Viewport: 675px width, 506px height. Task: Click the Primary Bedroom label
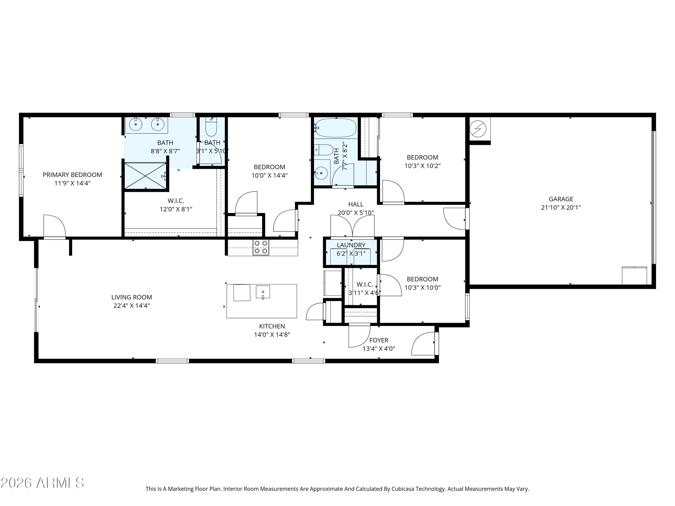click(72, 175)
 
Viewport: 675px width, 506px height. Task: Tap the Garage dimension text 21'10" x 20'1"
click(561, 207)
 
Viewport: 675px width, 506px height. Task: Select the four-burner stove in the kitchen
click(261, 247)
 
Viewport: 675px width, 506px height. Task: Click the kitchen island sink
click(263, 292)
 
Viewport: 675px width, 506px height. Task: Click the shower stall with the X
click(146, 176)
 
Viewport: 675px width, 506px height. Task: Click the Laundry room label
click(351, 245)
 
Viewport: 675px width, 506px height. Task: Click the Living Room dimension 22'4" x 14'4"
click(132, 306)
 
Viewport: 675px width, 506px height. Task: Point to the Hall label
click(356, 204)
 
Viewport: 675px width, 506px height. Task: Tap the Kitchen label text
click(272, 326)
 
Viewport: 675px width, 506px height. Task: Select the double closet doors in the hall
click(352, 226)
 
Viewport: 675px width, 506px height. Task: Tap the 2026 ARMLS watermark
click(43, 483)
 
